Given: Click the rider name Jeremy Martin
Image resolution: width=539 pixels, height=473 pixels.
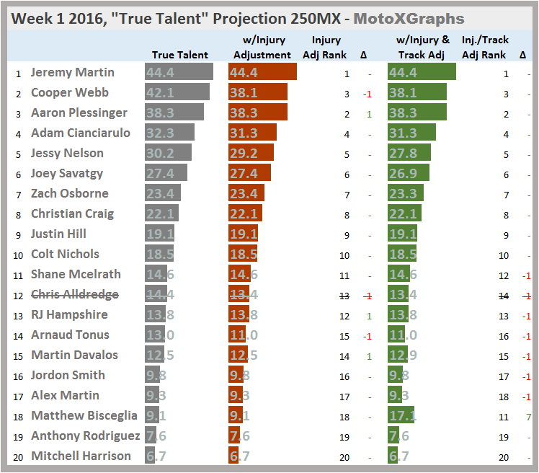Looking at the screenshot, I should click(73, 72).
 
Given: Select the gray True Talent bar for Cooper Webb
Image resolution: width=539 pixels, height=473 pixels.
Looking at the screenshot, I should click(177, 92).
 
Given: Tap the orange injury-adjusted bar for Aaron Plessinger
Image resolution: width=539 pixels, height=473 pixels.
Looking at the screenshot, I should click(257, 112).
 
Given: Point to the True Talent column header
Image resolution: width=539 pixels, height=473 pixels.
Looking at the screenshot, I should click(180, 55).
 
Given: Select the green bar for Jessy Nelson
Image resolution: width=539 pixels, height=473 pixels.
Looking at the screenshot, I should click(409, 153).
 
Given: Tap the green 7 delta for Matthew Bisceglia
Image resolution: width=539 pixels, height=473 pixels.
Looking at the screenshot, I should click(529, 415).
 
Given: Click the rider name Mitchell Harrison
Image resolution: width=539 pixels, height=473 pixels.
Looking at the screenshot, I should click(81, 456).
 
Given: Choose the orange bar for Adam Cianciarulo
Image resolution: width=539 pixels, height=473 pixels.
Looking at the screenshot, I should click(252, 133).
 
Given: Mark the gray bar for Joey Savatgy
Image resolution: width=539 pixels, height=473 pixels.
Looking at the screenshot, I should click(166, 173).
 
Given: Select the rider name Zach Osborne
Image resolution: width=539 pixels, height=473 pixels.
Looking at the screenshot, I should click(70, 193).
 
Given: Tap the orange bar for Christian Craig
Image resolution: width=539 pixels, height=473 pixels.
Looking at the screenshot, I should click(245, 213).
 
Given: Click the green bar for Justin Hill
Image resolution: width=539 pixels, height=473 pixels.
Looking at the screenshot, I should click(402, 234).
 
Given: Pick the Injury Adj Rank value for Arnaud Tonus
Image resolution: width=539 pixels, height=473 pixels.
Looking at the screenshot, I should click(345, 335).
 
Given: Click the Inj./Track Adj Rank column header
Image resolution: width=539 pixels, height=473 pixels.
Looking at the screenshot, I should click(484, 48).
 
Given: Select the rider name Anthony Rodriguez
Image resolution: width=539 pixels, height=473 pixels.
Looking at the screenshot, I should click(85, 436).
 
